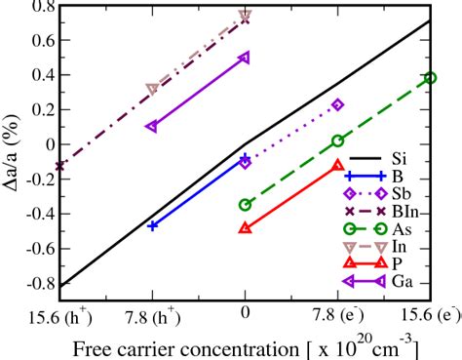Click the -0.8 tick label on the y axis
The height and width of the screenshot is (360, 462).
(38, 284)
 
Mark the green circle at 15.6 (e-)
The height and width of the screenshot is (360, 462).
(430, 78)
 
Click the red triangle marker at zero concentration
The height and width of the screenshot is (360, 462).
(245, 227)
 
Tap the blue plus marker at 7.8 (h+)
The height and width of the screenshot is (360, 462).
(152, 225)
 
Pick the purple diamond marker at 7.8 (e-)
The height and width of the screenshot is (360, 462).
(338, 104)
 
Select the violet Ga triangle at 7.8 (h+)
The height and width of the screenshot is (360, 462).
(152, 126)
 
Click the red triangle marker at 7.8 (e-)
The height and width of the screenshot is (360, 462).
(338, 165)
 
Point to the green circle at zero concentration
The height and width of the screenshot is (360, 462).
(245, 205)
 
